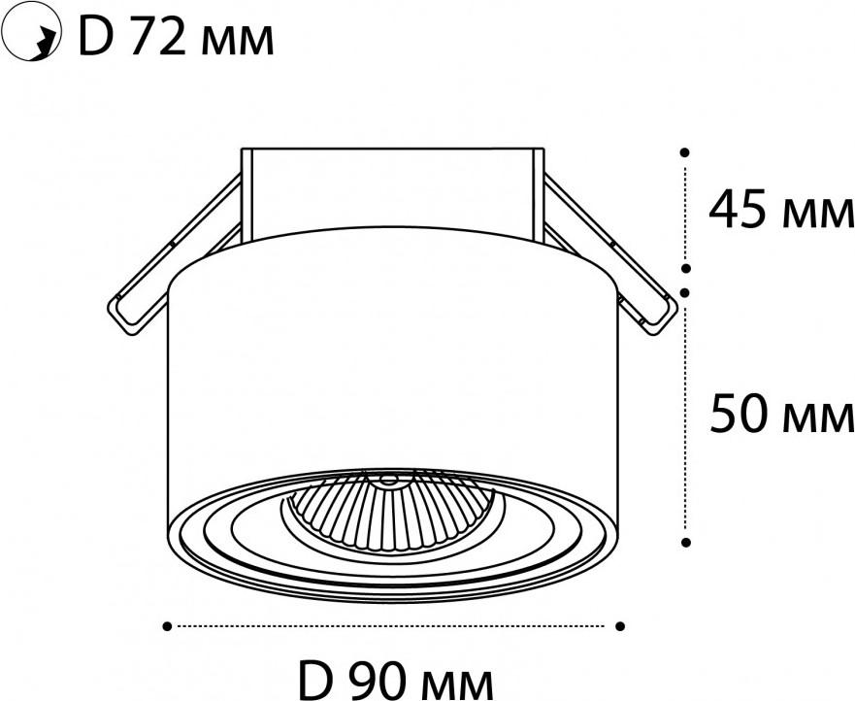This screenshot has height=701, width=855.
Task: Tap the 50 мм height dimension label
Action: (782, 416)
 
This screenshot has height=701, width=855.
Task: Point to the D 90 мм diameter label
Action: (397, 681)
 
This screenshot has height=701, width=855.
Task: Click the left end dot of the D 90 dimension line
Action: (167, 626)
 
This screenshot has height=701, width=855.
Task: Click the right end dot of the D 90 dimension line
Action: (620, 626)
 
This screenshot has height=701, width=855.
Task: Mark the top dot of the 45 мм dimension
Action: (685, 152)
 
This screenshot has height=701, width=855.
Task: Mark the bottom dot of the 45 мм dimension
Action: (686, 268)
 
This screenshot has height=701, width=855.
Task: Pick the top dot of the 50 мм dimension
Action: (686, 293)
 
